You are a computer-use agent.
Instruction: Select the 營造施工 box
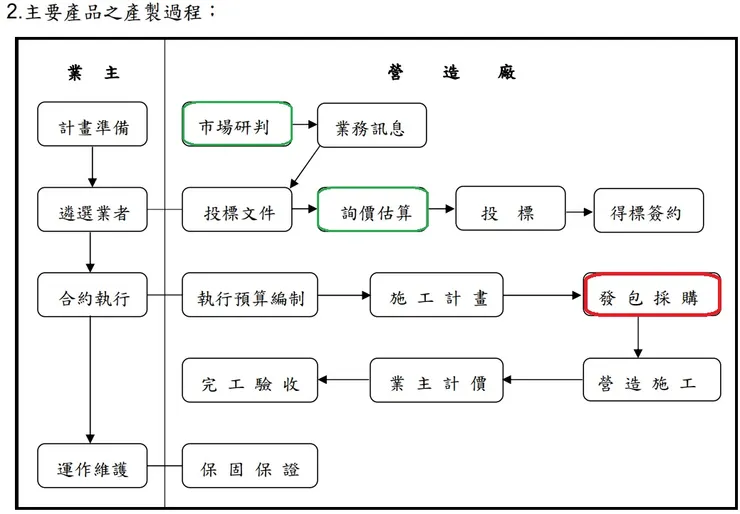[x=652, y=380]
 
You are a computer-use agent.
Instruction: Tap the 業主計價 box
[x=437, y=380]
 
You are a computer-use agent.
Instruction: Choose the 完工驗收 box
[x=250, y=380]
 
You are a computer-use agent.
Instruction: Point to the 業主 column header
[x=92, y=73]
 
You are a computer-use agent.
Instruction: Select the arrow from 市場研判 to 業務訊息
[x=305, y=126]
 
